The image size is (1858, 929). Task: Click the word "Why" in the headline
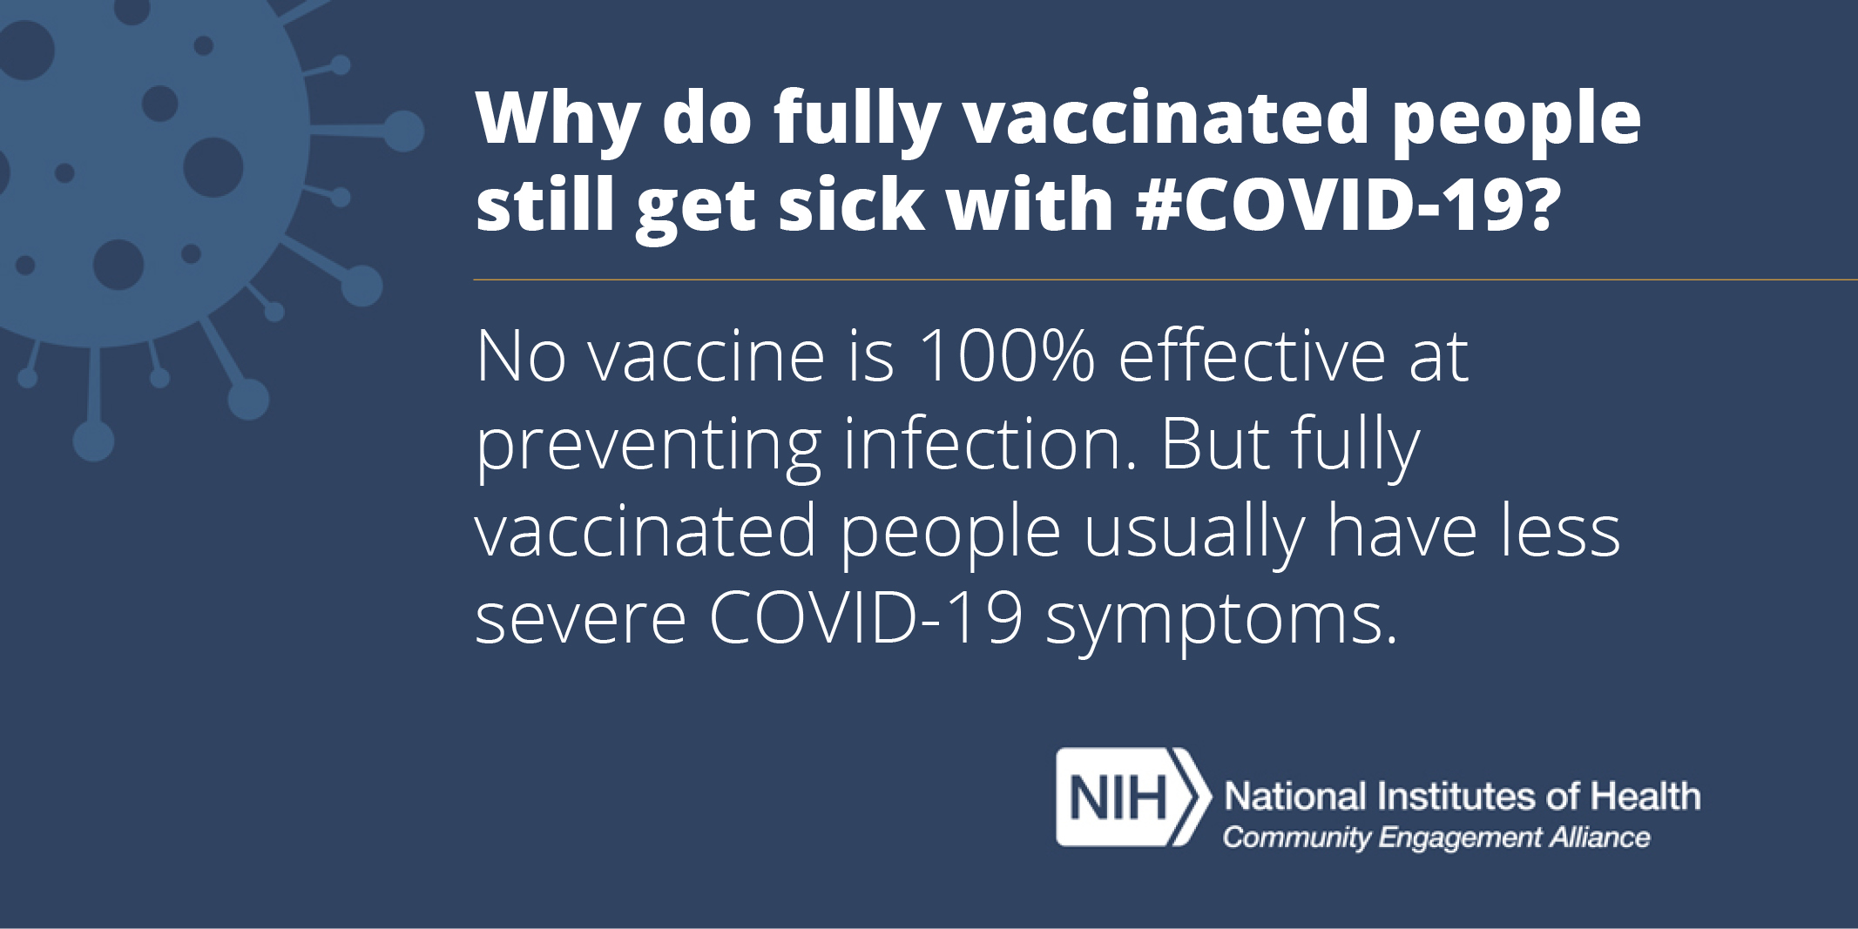click(x=557, y=122)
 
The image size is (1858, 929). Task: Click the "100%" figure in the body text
click(x=1005, y=357)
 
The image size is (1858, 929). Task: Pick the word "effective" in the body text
click(x=1251, y=356)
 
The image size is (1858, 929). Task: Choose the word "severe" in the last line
click(x=581, y=623)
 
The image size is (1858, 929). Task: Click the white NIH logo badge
click(x=1132, y=797)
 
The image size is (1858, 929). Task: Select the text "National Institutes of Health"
click(x=1462, y=796)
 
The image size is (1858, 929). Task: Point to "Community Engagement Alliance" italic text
click(x=1436, y=838)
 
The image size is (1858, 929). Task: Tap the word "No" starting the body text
click(x=521, y=357)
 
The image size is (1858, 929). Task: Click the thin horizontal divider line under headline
click(x=1165, y=279)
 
